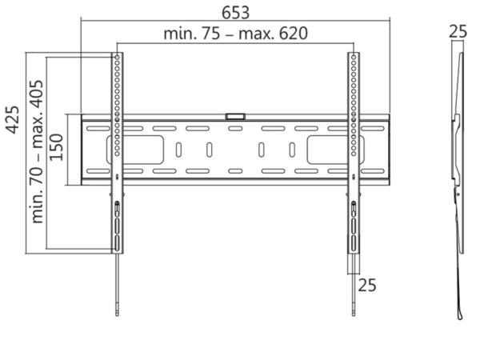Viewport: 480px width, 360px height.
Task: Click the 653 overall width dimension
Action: (235, 13)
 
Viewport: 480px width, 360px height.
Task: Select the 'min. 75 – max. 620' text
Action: (236, 34)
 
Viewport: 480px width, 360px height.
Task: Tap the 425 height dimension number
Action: (13, 120)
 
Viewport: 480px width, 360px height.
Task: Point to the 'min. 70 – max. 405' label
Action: (38, 151)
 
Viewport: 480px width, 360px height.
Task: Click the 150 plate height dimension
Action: (56, 147)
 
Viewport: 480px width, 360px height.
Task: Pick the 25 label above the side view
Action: (458, 31)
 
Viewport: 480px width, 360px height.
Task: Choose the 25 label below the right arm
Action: (367, 286)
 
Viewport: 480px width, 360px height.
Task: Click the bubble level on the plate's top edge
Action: (235, 116)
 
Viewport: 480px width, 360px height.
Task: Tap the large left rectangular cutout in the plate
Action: (135, 150)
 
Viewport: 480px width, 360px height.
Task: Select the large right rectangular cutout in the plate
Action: (336, 150)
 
